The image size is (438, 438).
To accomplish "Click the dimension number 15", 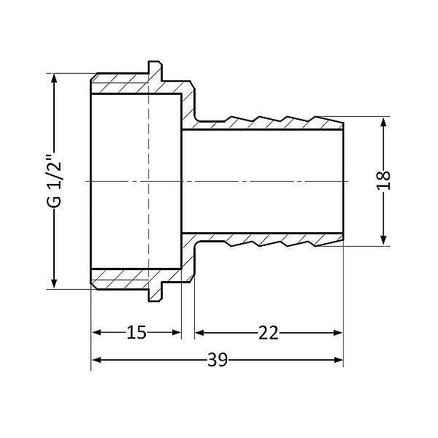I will point(137,333).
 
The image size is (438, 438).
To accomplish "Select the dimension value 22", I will point(268,333).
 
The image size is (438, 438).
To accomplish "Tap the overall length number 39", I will point(217,360).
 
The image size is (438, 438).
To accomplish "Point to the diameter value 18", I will point(385,180).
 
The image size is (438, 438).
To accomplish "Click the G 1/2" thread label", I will point(53,180).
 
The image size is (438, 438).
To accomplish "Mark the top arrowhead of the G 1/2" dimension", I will point(53,79).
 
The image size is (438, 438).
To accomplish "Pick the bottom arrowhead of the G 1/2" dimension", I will point(53,283).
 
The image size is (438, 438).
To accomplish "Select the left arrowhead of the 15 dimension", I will point(96,333).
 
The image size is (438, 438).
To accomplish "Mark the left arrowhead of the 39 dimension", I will point(96,360).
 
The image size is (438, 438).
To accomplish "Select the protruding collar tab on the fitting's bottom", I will point(155,293).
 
